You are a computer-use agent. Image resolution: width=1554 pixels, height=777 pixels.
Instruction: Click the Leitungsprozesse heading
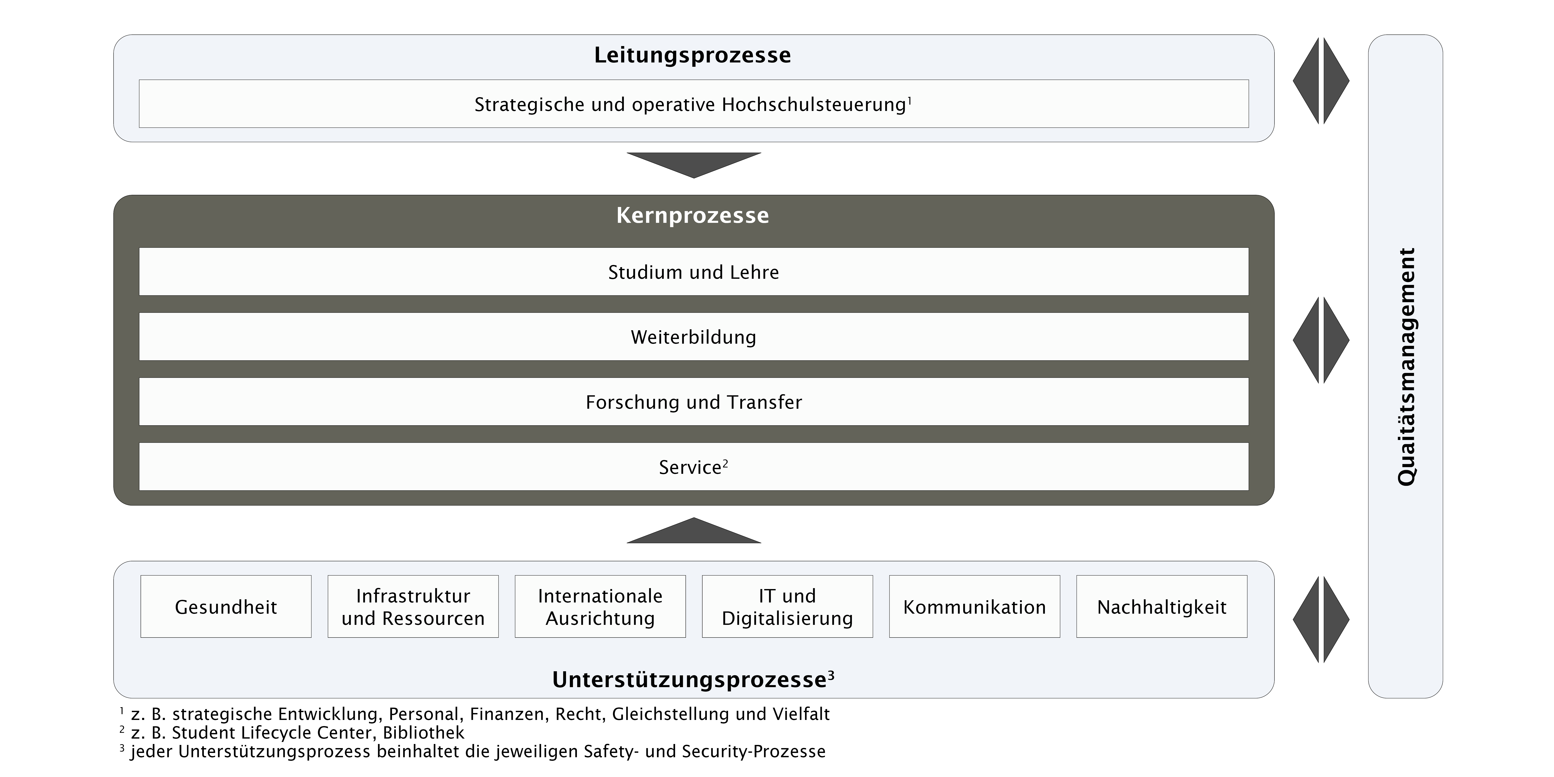[x=693, y=55]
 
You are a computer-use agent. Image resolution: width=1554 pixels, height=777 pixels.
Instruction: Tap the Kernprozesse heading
[x=693, y=215]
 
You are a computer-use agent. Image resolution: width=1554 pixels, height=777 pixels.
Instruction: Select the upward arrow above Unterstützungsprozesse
[x=694, y=532]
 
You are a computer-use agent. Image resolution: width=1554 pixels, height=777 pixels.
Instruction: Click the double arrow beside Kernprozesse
[x=1321, y=340]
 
